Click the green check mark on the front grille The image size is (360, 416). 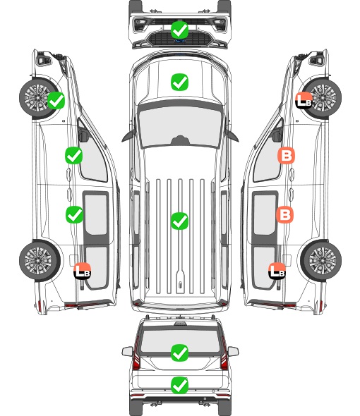coord(179,30)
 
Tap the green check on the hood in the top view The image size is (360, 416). coord(179,82)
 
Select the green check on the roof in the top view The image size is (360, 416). coord(179,221)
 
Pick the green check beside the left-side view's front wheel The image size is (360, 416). coord(56,100)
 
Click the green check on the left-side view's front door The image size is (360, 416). coord(74,155)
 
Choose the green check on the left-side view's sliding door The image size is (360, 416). coord(74,214)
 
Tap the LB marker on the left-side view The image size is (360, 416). coord(83,271)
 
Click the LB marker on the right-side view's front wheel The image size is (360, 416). coord(304,100)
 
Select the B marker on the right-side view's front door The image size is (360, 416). coord(286,155)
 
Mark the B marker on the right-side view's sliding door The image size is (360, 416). coord(284,214)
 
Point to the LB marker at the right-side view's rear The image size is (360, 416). coord(277,271)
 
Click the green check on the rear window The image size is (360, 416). coord(179,353)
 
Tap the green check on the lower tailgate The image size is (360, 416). coord(179,385)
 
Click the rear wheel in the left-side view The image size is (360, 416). coord(40,261)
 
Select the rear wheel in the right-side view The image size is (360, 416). coord(320,260)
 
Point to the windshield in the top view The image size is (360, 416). coord(180,126)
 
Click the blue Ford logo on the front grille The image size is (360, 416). coord(179,41)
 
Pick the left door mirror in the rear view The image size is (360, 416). coord(127,351)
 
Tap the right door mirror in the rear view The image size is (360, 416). coord(233,351)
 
